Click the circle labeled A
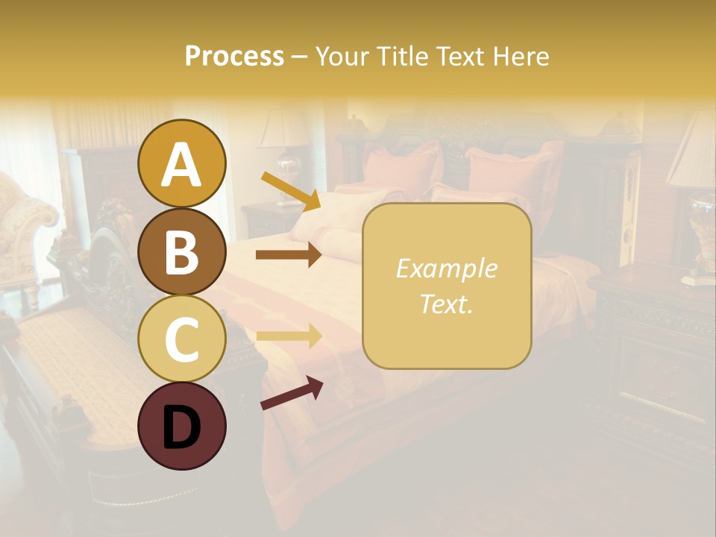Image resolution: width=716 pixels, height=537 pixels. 182,163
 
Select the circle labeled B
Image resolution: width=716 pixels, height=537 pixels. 182,251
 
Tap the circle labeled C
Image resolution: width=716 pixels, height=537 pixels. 182,339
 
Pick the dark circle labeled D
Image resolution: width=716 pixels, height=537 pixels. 182,426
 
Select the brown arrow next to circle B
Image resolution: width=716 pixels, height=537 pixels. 289,255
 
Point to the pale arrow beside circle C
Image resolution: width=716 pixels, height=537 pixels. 289,336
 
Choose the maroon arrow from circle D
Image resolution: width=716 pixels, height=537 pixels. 292,393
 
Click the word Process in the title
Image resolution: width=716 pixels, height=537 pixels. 234,57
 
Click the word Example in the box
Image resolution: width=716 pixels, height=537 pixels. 446,269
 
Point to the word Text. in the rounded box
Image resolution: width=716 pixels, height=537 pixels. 446,304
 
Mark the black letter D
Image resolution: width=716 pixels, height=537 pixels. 182,427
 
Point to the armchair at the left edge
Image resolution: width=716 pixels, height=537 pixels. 26,224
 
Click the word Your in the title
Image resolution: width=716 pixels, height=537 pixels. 340,57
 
